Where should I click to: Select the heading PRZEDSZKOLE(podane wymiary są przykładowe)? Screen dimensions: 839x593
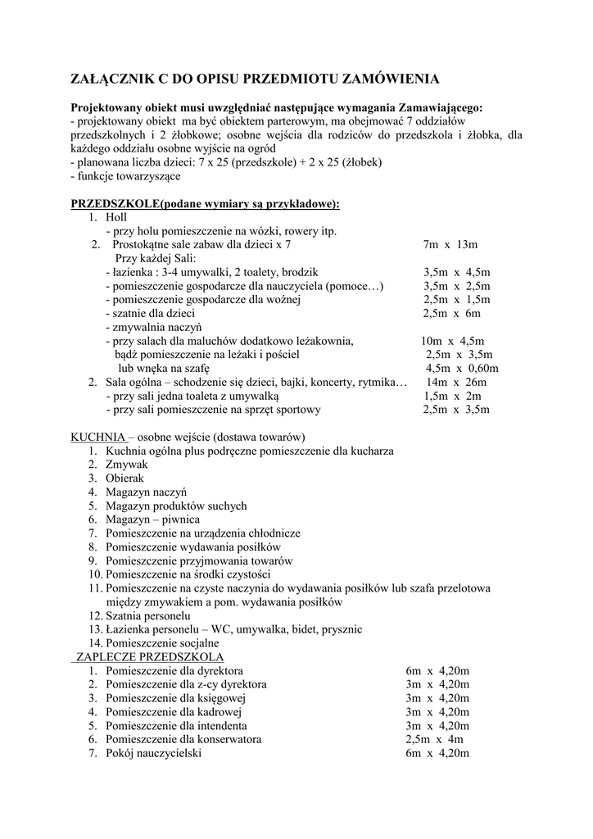(205, 203)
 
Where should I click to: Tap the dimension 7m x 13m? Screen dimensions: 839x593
(450, 244)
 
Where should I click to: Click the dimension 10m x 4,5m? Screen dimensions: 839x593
(452, 341)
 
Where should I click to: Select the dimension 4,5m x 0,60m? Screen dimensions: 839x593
(462, 368)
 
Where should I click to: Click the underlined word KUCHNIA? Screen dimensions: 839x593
(98, 437)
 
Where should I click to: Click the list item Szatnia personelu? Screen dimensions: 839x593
(147, 615)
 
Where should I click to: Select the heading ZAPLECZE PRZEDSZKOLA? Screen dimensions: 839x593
(150, 657)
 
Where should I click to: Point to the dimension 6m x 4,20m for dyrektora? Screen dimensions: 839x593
(437, 671)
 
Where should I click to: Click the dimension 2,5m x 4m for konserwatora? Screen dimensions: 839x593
(434, 740)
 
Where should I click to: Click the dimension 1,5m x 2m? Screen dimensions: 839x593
(452, 396)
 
